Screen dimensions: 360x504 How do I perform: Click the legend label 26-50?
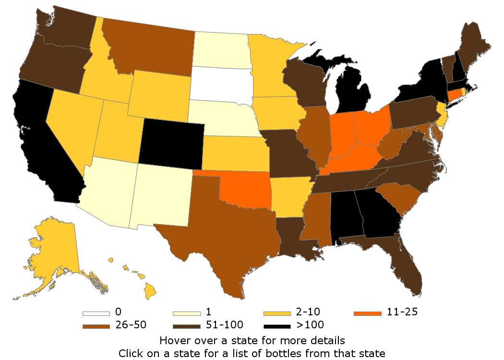(131, 325)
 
